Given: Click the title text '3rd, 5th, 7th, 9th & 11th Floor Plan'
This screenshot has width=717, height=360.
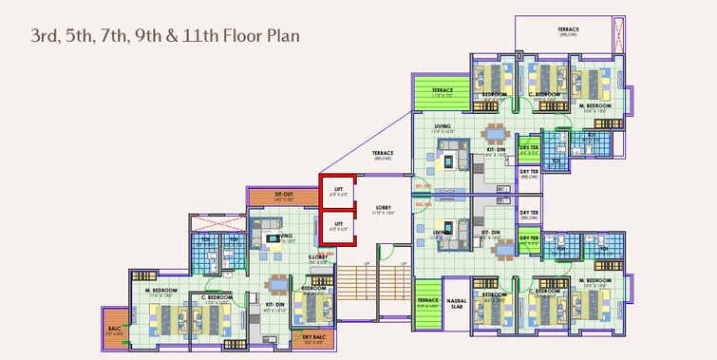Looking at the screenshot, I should coord(165,36).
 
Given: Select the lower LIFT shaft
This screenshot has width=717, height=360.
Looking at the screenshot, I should coord(337,225).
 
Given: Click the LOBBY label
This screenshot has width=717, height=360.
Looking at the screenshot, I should coord(383,206).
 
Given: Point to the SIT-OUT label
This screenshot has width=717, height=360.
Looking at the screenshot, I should coord(283,194).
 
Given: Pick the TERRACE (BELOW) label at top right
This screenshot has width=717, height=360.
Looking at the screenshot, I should coord(567,31).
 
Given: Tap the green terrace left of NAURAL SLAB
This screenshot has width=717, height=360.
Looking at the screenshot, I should coord(427,303).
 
